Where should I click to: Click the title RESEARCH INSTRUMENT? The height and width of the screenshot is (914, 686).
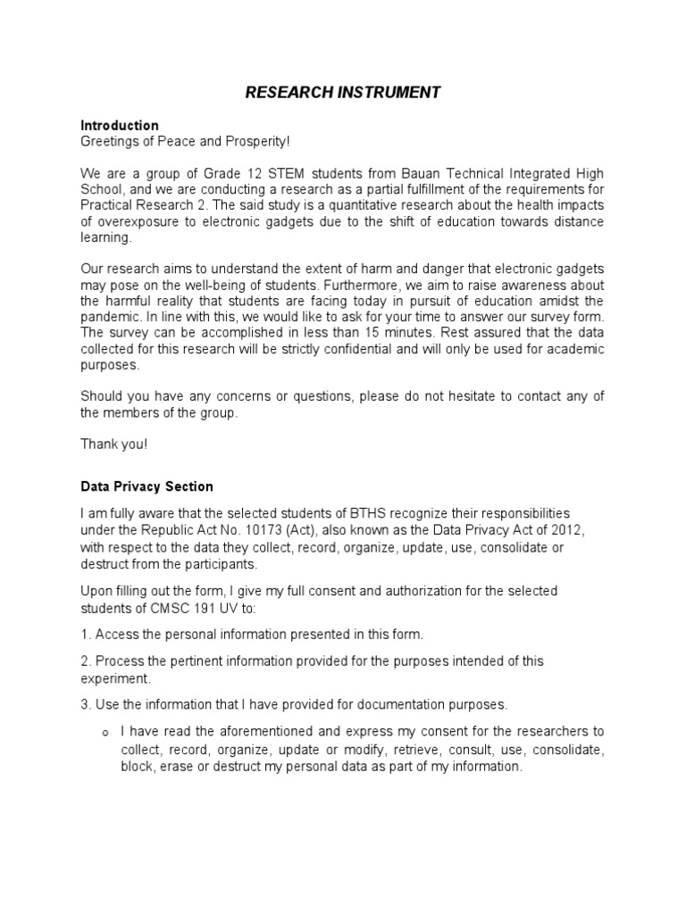(343, 92)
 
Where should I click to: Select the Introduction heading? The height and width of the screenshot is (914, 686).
(120, 125)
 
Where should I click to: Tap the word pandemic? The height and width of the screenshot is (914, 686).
(111, 318)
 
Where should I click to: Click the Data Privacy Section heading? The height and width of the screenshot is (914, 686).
(146, 486)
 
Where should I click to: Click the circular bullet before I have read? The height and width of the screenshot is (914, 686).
(105, 733)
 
